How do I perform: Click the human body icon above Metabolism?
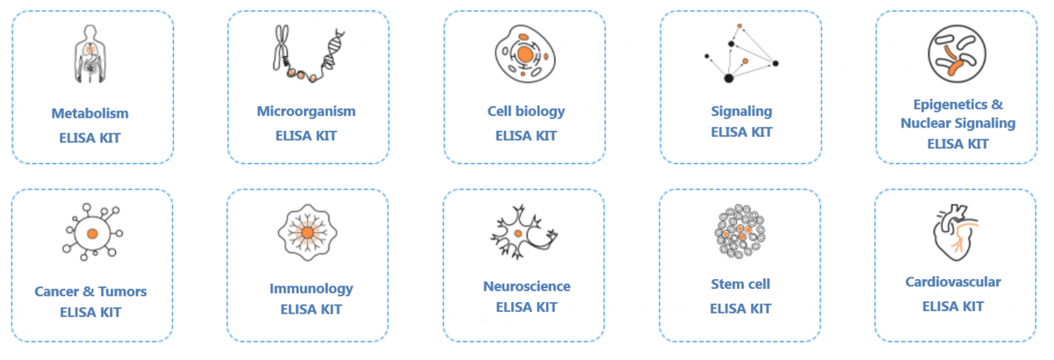pos(90,54)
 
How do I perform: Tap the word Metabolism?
pos(90,113)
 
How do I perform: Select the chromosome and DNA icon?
pos(308,54)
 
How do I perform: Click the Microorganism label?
pos(307,112)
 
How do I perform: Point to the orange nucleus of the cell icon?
pos(524,54)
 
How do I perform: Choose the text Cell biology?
pos(526,112)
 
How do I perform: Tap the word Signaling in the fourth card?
pos(741,112)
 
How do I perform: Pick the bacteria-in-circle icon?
pos(957,54)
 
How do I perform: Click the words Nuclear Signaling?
pos(958,123)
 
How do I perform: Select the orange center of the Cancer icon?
pos(92,234)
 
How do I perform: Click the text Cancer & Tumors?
pos(90,292)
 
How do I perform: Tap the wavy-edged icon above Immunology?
pos(307,233)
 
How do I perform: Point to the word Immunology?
pos(311,289)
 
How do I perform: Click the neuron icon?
pos(523,232)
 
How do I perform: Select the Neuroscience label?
pos(526,286)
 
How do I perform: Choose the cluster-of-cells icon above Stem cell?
pos(740,232)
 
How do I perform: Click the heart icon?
pos(956,233)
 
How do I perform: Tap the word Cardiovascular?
pos(953,283)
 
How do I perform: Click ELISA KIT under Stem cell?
pos(740,309)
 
